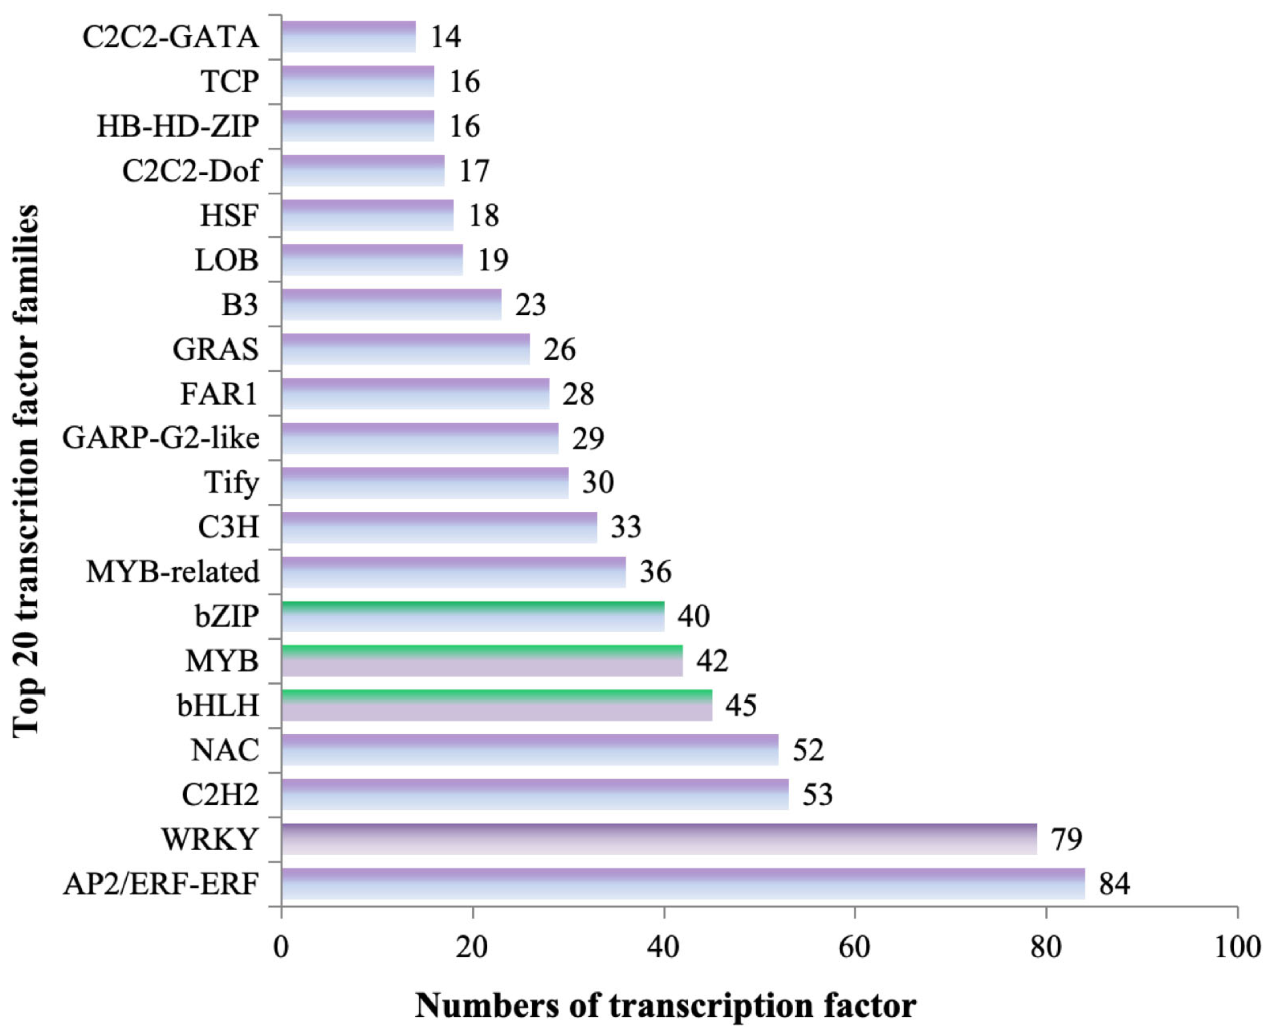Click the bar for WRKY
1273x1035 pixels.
pos(658,839)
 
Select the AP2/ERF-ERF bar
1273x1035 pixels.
pos(682,884)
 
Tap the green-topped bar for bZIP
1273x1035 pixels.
pos(472,616)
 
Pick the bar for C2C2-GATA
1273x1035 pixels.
pos(349,36)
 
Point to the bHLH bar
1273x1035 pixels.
pos(496,705)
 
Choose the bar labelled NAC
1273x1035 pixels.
pos(530,750)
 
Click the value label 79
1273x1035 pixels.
pos(1066,839)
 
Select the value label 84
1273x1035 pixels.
pos(1114,884)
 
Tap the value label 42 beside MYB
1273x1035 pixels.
pos(712,661)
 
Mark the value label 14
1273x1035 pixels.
pos(446,36)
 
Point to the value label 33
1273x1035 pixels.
pos(626,527)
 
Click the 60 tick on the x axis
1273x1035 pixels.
pos(855,947)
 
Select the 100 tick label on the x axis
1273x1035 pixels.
pos(1237,947)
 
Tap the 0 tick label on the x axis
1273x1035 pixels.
pos(281,947)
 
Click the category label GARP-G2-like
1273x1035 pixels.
pos(161,438)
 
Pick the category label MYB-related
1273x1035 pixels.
pos(173,572)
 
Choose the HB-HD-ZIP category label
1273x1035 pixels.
pos(177,126)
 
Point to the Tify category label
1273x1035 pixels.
pos(231,482)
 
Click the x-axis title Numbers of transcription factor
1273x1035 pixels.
pos(665,1005)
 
